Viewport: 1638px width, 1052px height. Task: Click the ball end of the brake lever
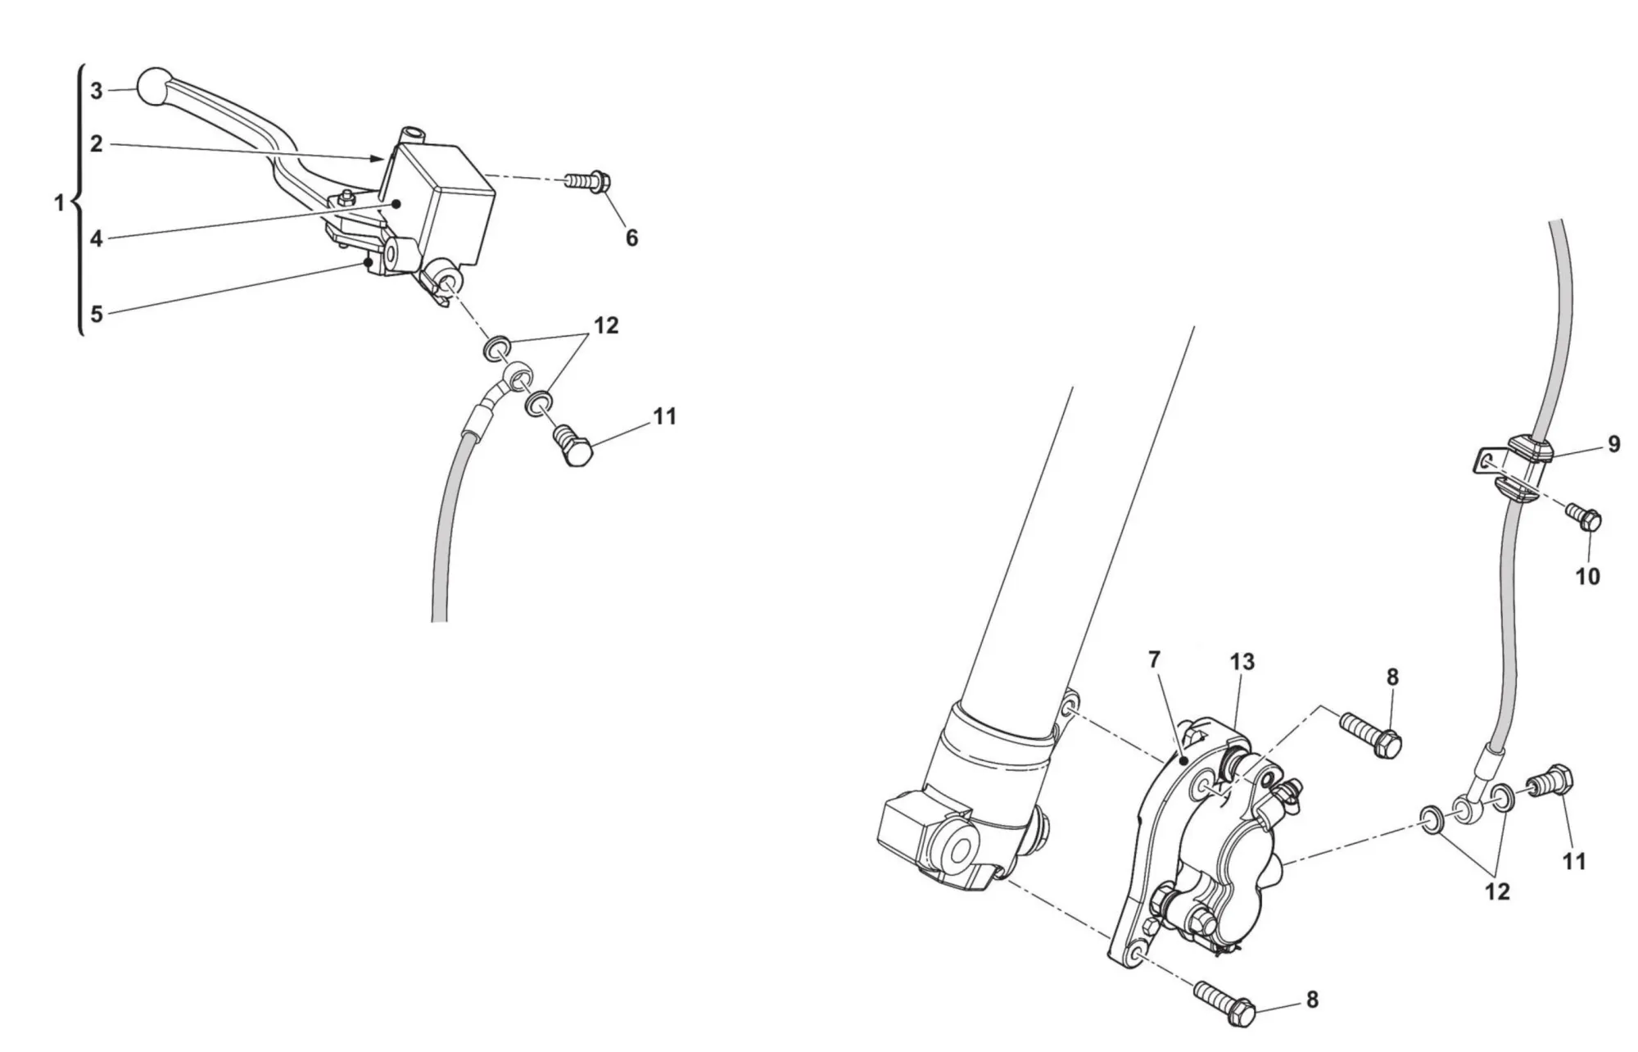point(155,86)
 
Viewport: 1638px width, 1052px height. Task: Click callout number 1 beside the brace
point(59,203)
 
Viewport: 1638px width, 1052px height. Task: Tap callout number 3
point(97,91)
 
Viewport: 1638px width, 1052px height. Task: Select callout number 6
point(631,238)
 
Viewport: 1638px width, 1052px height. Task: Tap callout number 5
point(97,314)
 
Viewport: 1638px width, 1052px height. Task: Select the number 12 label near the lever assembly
point(606,325)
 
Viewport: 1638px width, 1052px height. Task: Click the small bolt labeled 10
point(1583,517)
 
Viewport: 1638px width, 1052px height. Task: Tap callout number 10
point(1587,577)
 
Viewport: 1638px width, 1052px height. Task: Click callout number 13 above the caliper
point(1242,661)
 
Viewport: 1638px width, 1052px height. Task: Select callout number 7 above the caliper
point(1155,660)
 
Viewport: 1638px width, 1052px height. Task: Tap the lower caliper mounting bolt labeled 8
point(1224,1001)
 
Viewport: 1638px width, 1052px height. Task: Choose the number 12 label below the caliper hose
point(1497,891)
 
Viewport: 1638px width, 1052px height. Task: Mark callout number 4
point(97,239)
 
